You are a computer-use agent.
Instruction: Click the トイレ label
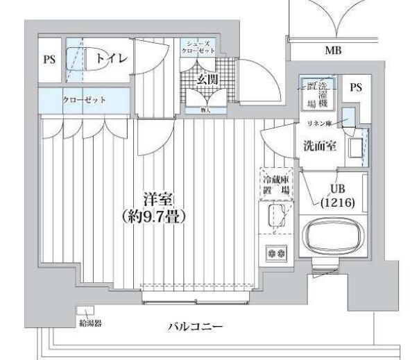[111, 59]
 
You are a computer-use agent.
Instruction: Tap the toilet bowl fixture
[78, 58]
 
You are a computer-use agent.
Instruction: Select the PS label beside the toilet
[49, 60]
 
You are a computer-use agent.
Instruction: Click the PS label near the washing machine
[355, 88]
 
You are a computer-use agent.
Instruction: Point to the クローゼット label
[84, 100]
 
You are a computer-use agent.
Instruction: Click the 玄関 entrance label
[207, 79]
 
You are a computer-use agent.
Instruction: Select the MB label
[333, 51]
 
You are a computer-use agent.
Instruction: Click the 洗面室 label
[320, 146]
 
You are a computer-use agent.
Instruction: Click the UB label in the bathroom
[338, 189]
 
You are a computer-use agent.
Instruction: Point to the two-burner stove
[276, 254]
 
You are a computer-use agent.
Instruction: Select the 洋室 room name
[154, 198]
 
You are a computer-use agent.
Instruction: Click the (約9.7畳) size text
[154, 216]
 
